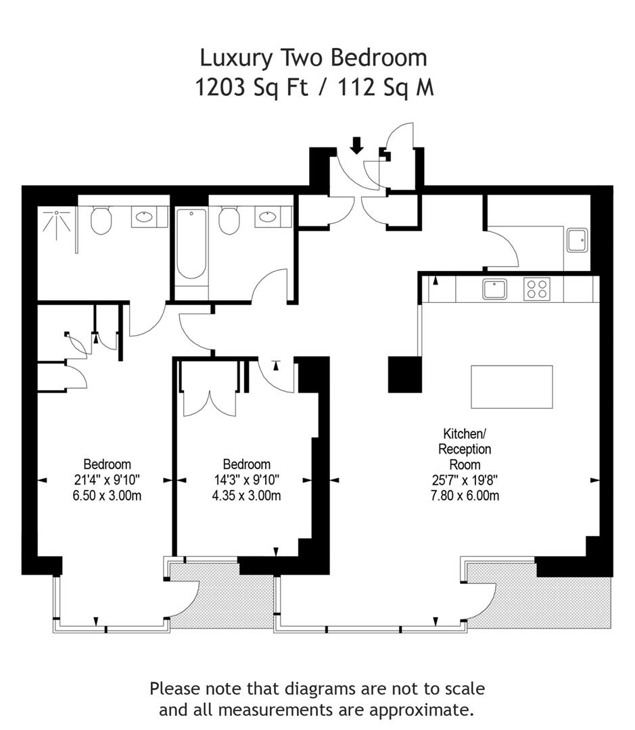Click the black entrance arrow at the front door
tap(357, 145)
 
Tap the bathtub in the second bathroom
tap(191, 243)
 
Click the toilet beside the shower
tap(101, 220)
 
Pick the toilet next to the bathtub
tap(229, 220)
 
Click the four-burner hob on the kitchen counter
tap(537, 289)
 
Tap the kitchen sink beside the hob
tap(495, 289)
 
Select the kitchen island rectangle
tap(511, 387)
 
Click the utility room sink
tap(578, 241)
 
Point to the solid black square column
tap(405, 374)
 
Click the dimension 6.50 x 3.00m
tap(107, 495)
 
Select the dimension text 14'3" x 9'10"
tap(246, 479)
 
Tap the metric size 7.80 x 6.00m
tap(465, 495)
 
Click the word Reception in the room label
tap(465, 449)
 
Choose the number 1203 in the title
tap(220, 87)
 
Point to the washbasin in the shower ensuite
tap(145, 216)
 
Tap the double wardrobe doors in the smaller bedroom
tap(210, 403)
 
